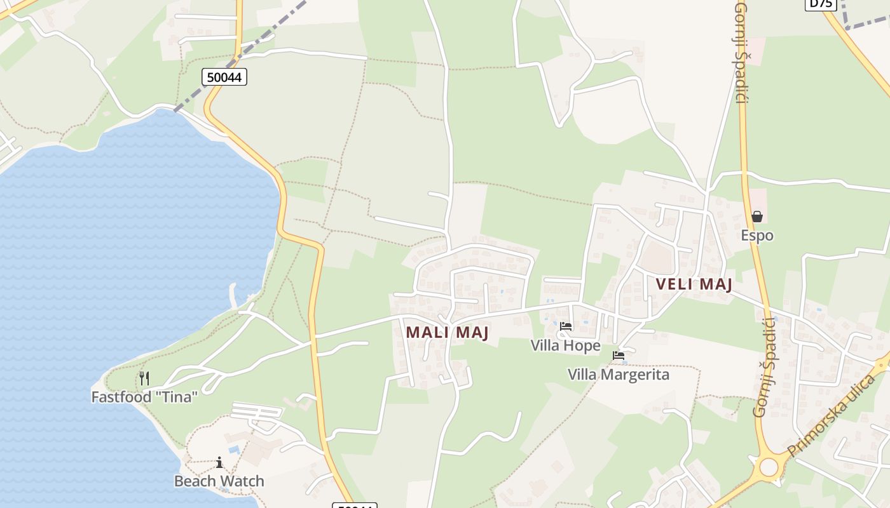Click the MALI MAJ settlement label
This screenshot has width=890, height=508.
click(x=447, y=332)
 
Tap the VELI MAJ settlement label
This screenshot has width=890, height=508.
click(x=694, y=284)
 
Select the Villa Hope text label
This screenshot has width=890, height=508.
click(x=565, y=345)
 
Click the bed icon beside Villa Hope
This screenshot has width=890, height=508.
click(x=566, y=326)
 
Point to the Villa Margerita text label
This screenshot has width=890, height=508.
click(x=618, y=375)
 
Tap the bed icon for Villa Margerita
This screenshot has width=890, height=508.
click(x=619, y=356)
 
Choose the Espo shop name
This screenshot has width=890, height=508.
click(x=756, y=236)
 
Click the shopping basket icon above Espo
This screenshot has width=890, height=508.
click(x=756, y=217)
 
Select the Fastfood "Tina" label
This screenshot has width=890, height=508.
click(x=144, y=397)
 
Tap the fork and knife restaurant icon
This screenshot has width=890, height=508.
click(x=144, y=378)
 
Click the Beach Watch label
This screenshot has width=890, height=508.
click(x=219, y=481)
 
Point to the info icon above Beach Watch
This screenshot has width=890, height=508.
click(x=219, y=462)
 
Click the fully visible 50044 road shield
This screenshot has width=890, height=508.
click(x=224, y=77)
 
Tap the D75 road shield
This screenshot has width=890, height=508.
click(x=820, y=3)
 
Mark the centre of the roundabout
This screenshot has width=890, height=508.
click(x=769, y=467)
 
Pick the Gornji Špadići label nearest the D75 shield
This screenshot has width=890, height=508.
click(x=740, y=52)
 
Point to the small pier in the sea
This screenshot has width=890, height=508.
click(x=234, y=295)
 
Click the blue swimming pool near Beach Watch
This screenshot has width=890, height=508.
click(x=234, y=450)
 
